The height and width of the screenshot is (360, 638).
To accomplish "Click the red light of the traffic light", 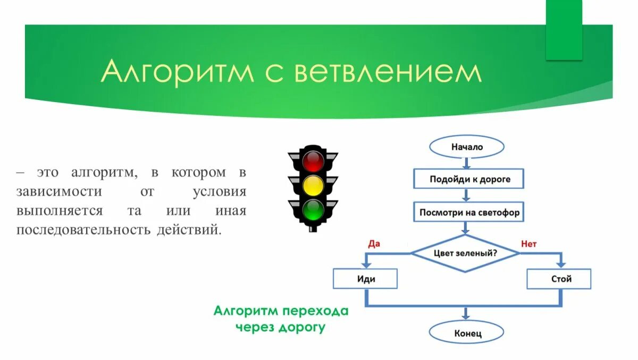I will pos(313,161).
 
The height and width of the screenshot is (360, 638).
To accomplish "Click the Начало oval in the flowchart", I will pos(467,147).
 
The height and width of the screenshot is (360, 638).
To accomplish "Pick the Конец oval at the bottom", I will pos(467,333).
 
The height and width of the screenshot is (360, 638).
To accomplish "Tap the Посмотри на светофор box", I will pos(469,213).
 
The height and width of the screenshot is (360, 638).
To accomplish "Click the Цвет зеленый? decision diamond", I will pos(466,253).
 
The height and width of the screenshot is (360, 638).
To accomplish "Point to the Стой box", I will pos(559,279).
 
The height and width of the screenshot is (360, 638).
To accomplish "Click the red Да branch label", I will pos(374,244).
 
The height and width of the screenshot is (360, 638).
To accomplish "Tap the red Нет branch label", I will pos(529,244).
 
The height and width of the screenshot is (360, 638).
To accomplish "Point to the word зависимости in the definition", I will pos(59,191).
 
